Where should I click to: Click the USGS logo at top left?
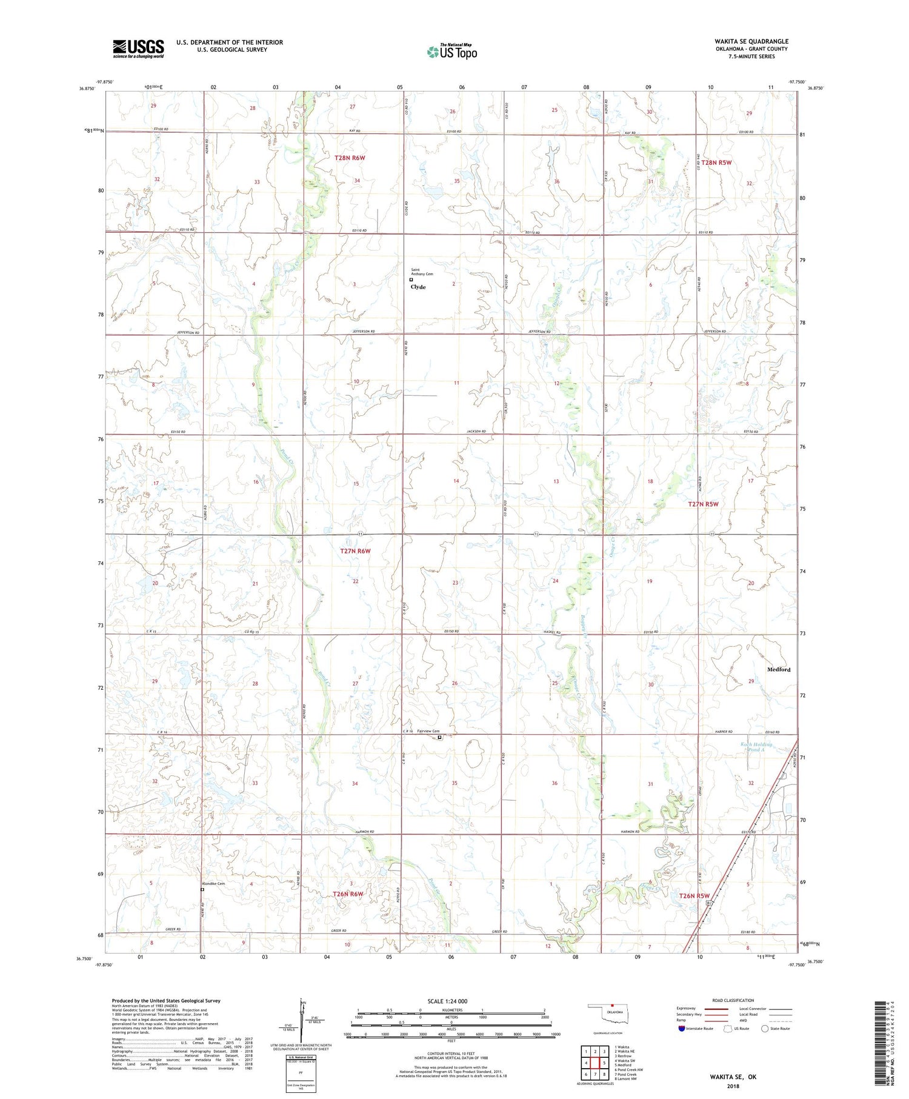tap(138, 48)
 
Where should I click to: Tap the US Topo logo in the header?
tap(451, 52)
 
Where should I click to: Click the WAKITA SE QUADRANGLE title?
tap(751, 41)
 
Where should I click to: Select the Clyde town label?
tap(418, 287)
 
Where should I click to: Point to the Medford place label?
tap(779, 669)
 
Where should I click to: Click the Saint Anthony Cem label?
tap(422, 272)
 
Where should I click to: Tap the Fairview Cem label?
tap(428, 731)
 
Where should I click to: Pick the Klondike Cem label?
tap(213, 883)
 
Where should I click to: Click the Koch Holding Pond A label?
tap(756, 747)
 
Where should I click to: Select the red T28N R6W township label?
tap(350, 158)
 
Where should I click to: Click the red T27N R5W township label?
tap(703, 504)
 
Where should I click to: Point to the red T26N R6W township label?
tap(348, 894)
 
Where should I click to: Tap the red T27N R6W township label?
tap(355, 551)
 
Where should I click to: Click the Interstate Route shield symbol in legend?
tap(682, 1029)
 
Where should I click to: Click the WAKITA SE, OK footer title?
tap(733, 1077)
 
